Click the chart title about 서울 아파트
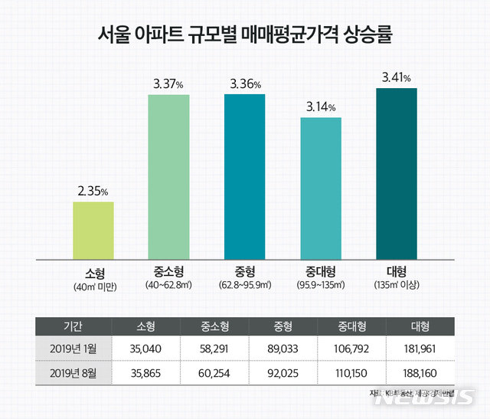(x=245, y=34)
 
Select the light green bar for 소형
(x=93, y=231)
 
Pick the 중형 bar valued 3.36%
(x=244, y=177)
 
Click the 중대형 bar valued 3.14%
(x=320, y=188)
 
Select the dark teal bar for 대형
(x=396, y=175)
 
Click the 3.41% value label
(x=397, y=77)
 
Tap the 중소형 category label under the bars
(x=168, y=271)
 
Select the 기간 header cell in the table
(x=71, y=326)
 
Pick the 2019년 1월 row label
(x=71, y=349)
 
